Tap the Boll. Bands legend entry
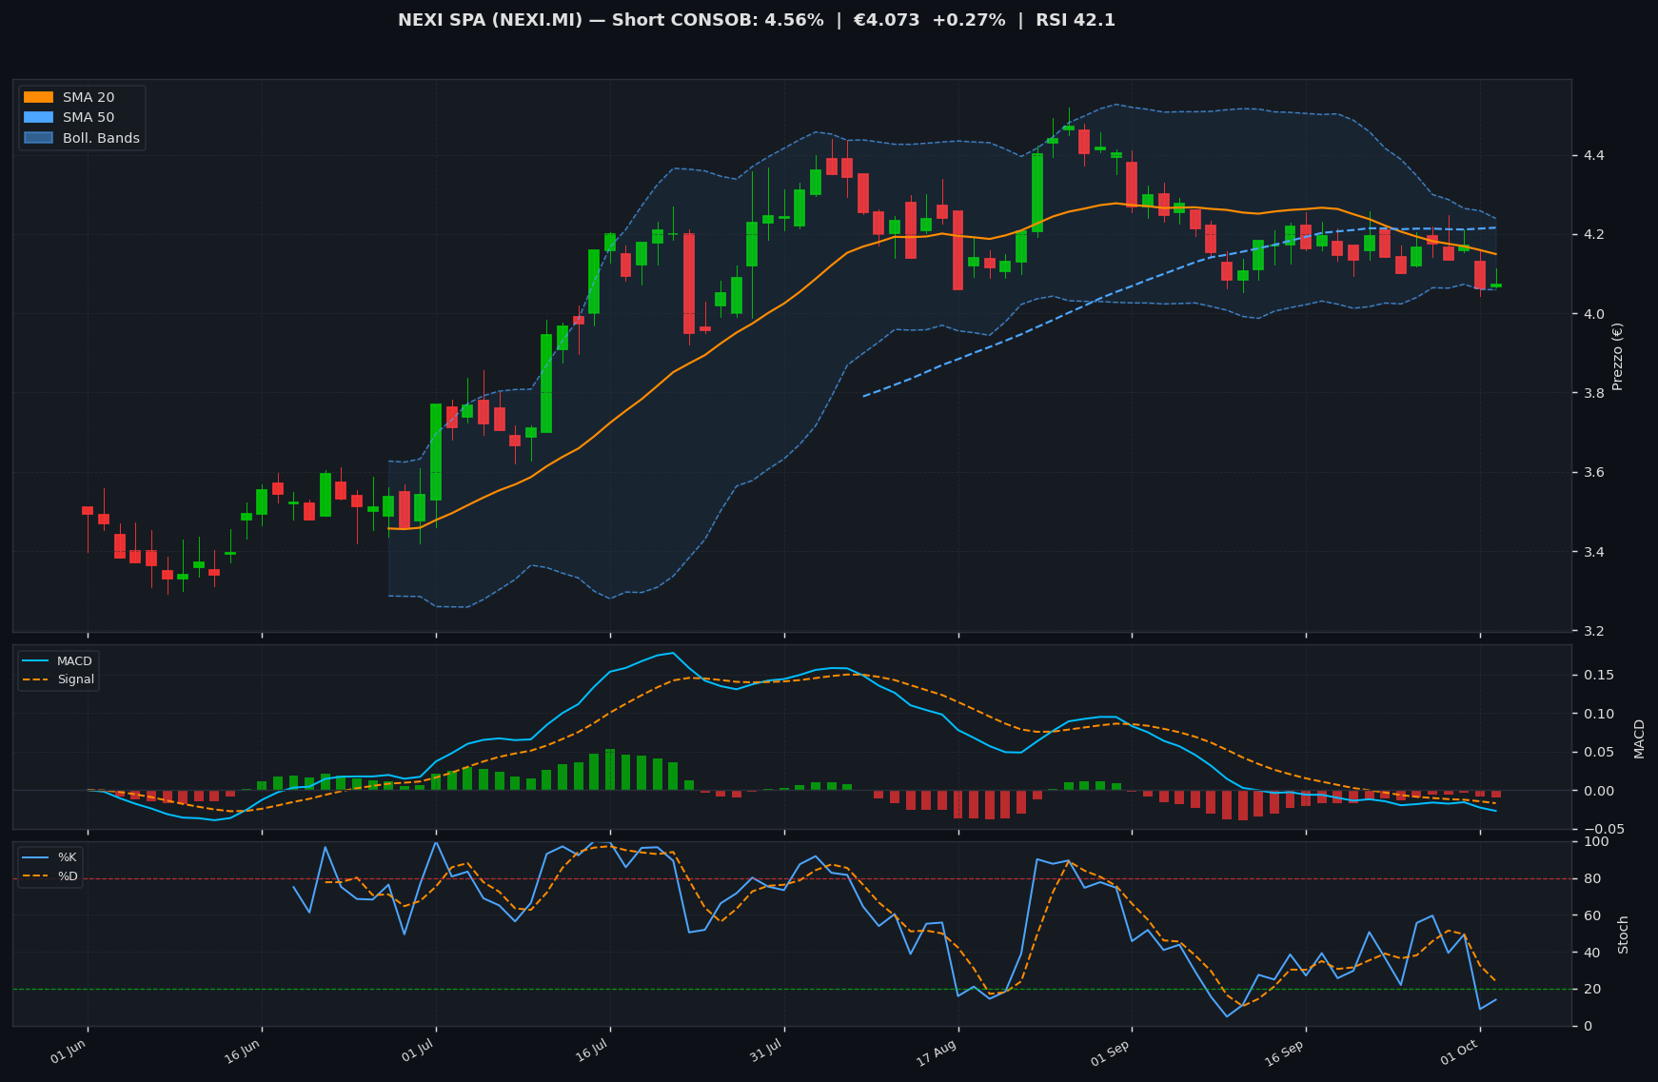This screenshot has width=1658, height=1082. point(82,138)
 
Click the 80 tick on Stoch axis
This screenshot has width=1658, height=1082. point(1588,878)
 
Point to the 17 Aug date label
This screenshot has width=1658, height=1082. point(938,1052)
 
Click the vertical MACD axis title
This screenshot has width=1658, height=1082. point(1639,738)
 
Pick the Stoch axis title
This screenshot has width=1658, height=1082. point(1624,934)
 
